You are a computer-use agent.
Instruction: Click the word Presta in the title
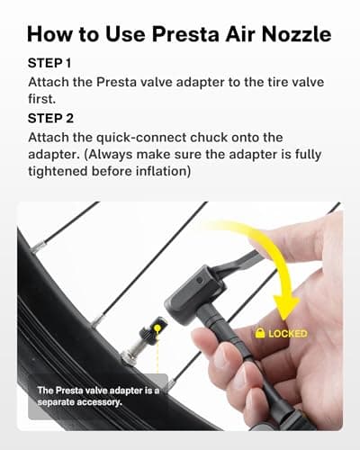coord(185,34)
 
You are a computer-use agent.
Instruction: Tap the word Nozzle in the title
coord(296,34)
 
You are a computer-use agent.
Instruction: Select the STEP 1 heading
coord(49,63)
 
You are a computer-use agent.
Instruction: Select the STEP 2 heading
coord(50,118)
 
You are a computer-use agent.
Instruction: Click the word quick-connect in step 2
coord(141,138)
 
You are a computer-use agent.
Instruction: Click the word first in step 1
coord(41,99)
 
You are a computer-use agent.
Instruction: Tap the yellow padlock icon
coord(260,332)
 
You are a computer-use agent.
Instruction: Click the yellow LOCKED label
coord(288,334)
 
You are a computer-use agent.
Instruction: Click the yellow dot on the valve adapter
coord(157,328)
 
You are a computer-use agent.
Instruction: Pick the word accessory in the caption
coord(100,402)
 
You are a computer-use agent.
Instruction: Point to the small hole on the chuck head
coord(199,280)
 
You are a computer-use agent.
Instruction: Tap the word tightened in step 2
coord(58,171)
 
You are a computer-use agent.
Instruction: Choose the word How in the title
coord(49,34)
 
